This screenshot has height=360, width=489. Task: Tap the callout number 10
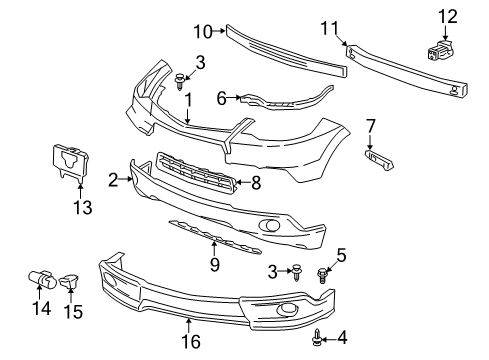[x=201, y=33]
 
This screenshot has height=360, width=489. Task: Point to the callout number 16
[x=191, y=342]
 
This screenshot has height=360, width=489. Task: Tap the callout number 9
[x=214, y=265]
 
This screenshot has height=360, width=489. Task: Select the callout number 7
[x=370, y=126]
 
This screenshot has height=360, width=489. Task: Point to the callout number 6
[x=221, y=98]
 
